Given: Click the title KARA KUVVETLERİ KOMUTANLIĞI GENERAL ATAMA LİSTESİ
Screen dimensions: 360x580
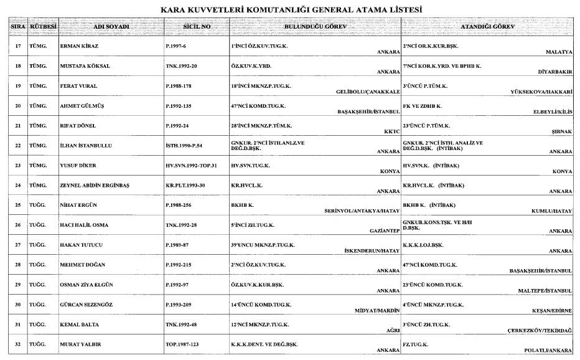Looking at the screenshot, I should [x=291, y=10].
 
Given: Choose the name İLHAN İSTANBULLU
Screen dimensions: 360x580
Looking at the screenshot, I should [x=86, y=145].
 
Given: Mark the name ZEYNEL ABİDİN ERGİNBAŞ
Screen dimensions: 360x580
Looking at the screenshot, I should [x=95, y=186].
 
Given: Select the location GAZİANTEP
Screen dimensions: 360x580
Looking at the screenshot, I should [x=383, y=230].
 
